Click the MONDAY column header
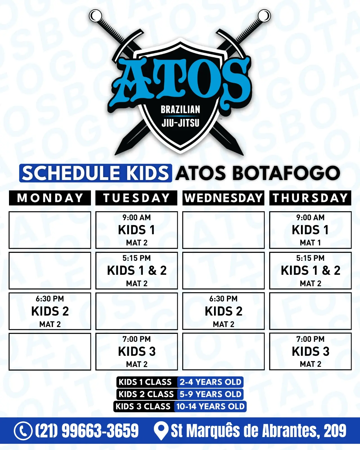click(x=50, y=198)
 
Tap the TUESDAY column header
click(x=136, y=198)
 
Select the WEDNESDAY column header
click(x=223, y=198)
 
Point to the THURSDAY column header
click(x=310, y=198)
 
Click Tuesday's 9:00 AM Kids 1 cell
click(x=137, y=230)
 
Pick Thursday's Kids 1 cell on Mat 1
click(x=310, y=230)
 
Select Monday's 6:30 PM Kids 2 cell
click(x=50, y=311)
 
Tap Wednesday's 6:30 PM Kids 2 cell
click(x=223, y=311)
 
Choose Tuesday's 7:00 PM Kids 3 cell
click(x=137, y=352)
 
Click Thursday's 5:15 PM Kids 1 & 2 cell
click(x=310, y=271)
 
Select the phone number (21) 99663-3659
click(x=87, y=431)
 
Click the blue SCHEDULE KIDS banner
click(x=96, y=173)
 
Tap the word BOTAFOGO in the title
click(x=286, y=173)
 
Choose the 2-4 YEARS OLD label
click(x=210, y=382)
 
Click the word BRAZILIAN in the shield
click(x=180, y=110)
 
